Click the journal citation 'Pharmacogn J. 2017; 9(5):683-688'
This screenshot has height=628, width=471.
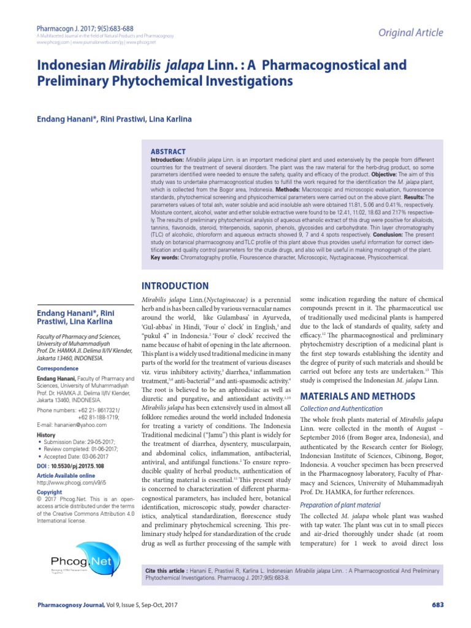click(85, 28)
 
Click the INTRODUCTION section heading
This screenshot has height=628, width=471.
click(175, 286)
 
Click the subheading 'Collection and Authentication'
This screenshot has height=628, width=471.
click(341, 408)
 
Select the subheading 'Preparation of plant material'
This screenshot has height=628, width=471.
click(341, 505)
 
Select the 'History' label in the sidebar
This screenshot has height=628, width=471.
click(46, 434)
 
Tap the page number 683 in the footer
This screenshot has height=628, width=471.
click(437, 605)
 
